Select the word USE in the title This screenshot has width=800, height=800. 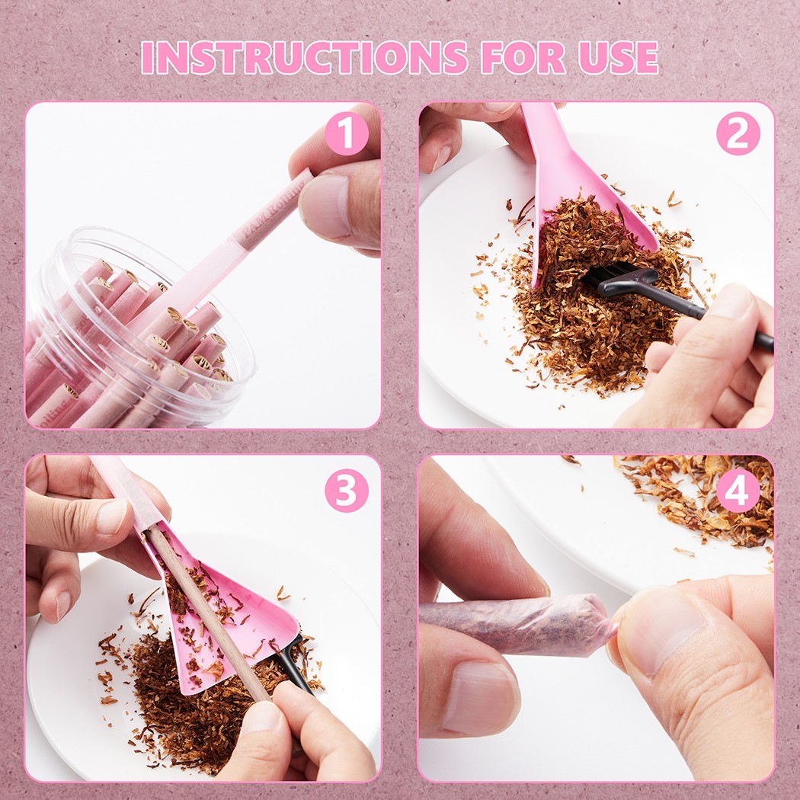pyautogui.click(x=618, y=57)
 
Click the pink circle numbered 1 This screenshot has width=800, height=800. pyautogui.click(x=347, y=133)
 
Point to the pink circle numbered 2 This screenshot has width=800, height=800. pyautogui.click(x=738, y=133)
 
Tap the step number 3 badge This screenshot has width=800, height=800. pyautogui.click(x=347, y=491)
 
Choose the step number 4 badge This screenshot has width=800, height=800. pyautogui.click(x=738, y=491)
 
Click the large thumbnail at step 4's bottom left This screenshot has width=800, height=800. pyautogui.click(x=479, y=698)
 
